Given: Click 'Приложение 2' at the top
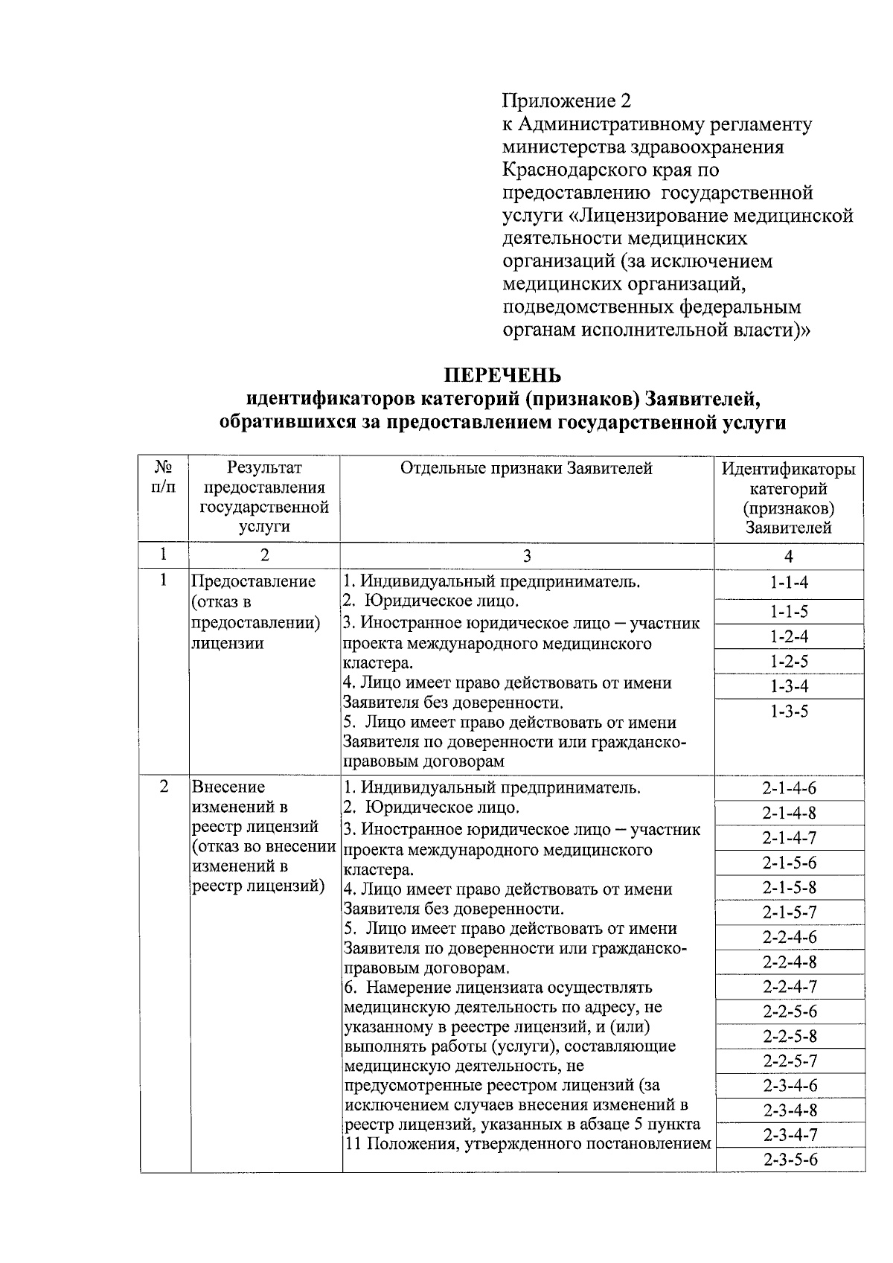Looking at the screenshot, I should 566,100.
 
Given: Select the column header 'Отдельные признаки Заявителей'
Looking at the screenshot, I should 526,468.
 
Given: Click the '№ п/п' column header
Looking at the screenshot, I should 164,477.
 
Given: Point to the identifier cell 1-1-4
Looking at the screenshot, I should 789,583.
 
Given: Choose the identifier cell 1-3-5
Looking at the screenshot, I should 789,712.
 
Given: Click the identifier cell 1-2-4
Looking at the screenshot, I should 789,636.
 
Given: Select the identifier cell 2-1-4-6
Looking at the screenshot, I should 789,788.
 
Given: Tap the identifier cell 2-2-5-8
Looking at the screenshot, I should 789,1036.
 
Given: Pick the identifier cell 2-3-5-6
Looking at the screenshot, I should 789,1160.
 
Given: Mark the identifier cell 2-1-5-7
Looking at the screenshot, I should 789,912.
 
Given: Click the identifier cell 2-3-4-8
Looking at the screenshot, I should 789,1110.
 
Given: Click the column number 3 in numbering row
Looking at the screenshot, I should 526,556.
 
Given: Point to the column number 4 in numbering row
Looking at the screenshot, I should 789,556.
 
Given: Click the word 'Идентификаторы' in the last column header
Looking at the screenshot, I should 789,470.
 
